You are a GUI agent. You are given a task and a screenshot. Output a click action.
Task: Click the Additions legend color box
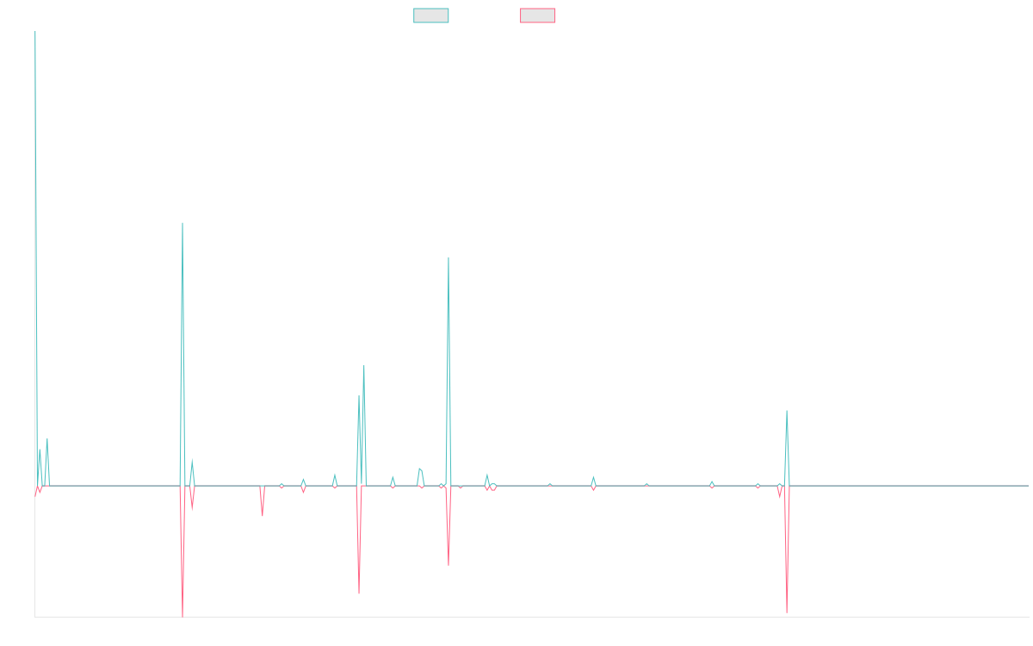pyautogui.click(x=431, y=16)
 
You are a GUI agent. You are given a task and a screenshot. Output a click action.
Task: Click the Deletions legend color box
pyautogui.click(x=538, y=16)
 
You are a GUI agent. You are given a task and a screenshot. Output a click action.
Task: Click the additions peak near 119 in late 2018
pyautogui.click(x=182, y=223)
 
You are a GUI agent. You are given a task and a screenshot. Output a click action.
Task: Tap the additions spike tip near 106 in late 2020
pyautogui.click(x=448, y=258)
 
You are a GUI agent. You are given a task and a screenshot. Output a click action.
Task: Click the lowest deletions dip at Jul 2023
pyautogui.click(x=787, y=612)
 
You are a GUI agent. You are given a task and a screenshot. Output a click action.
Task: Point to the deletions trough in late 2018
pyautogui.click(x=182, y=616)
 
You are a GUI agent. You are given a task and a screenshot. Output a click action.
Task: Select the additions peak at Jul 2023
pyautogui.click(x=786, y=411)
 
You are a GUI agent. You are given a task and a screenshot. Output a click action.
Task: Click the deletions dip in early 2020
pyautogui.click(x=359, y=593)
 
